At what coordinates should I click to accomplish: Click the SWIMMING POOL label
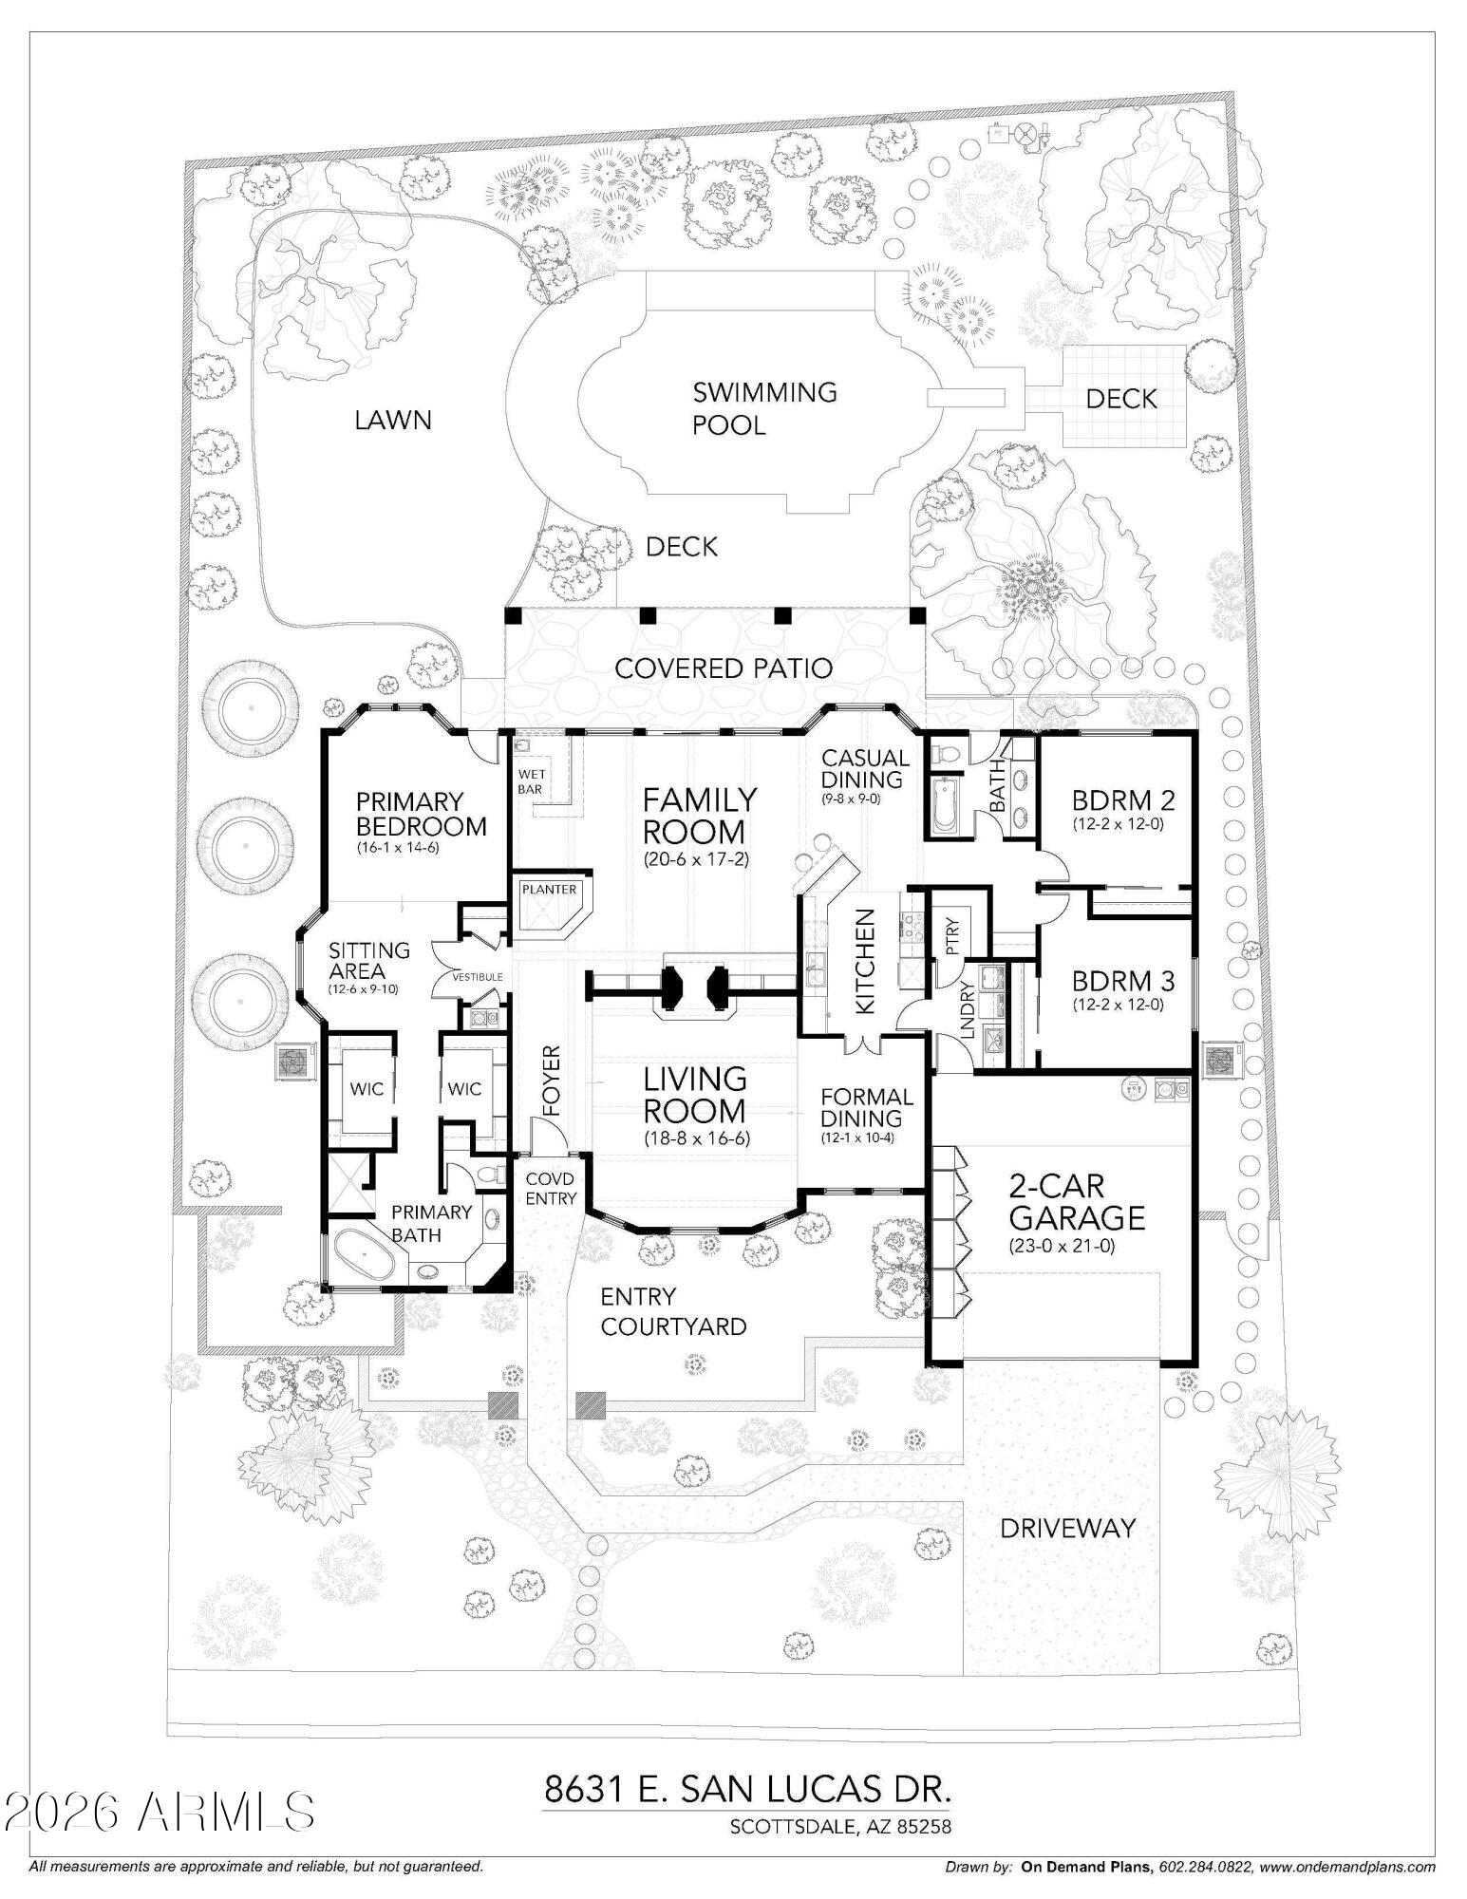point(764,407)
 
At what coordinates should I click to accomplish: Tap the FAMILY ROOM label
point(700,816)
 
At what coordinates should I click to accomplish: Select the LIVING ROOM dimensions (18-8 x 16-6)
point(695,1138)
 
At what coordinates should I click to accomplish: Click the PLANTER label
point(550,889)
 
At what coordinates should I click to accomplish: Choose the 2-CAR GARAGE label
point(1076,1201)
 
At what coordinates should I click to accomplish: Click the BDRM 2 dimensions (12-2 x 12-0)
point(1118,823)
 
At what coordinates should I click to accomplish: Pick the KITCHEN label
point(865,961)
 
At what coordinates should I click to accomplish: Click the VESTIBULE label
point(478,976)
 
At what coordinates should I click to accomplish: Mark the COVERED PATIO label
point(724,667)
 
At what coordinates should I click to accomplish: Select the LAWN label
point(393,420)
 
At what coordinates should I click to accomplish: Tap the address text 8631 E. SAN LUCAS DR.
point(747,1790)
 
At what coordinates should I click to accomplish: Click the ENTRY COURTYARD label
point(673,1311)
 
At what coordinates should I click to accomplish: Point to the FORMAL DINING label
point(867,1107)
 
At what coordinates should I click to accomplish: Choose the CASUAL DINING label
point(865,768)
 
